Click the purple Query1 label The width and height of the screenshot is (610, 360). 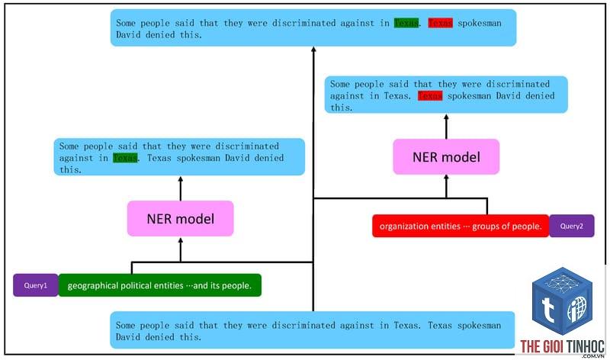(35, 285)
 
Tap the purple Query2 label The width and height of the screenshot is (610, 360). (571, 226)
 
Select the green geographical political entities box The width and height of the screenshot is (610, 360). (159, 285)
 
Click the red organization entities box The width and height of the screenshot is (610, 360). (461, 226)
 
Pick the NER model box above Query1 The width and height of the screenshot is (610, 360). (181, 219)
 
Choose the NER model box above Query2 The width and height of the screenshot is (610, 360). (446, 157)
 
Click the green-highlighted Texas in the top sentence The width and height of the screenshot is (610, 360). (406, 23)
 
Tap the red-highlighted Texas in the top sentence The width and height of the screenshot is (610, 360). (441, 23)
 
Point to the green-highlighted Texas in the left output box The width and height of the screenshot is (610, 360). (125, 158)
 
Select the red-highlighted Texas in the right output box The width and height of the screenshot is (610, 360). (430, 95)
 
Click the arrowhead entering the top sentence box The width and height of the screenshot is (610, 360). (313, 49)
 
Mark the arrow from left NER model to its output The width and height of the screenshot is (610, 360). (181, 188)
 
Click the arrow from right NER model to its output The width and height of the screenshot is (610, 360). (446, 127)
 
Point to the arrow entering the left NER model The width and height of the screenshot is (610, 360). (181, 250)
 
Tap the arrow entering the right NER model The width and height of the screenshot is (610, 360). (446, 187)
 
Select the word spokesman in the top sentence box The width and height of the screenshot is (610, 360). (480, 24)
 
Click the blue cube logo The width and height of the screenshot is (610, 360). (563, 301)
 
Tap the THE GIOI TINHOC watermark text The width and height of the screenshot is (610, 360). (563, 346)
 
